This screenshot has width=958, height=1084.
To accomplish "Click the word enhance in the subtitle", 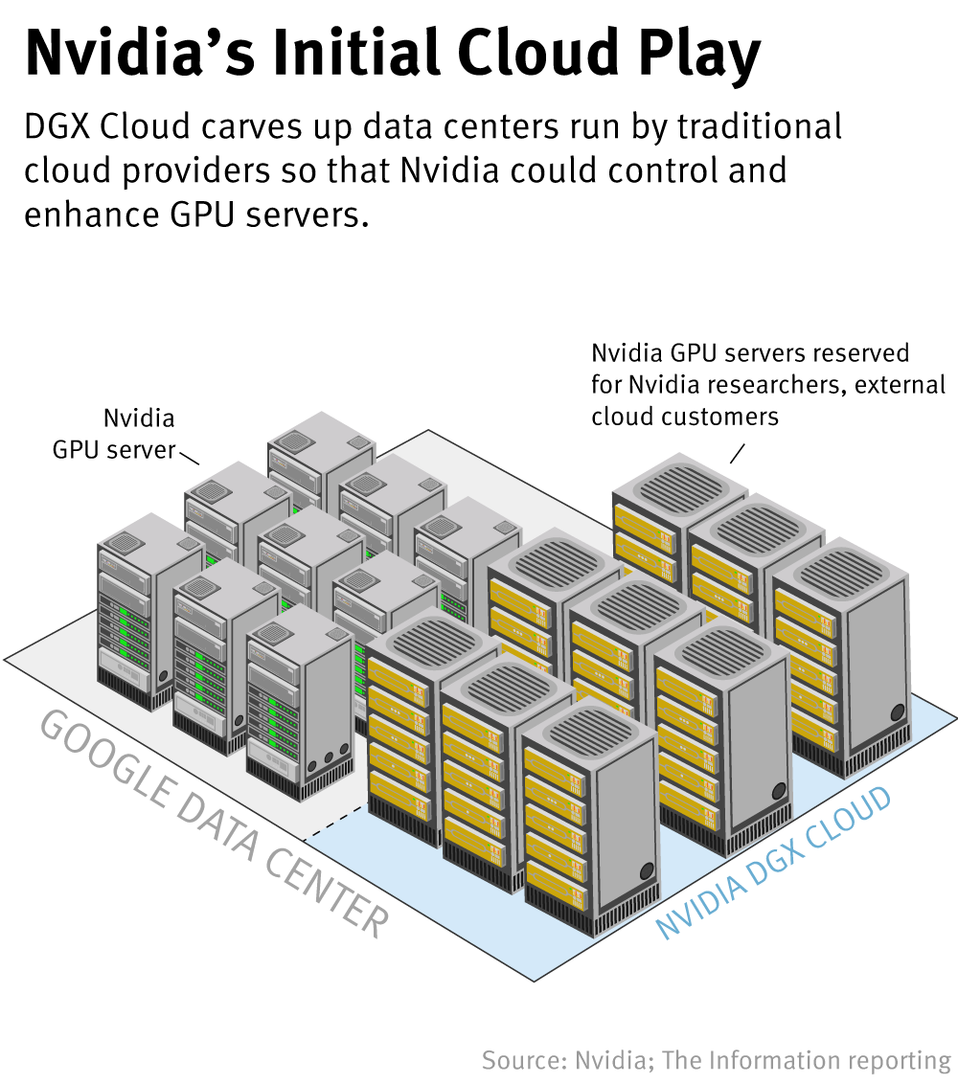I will pyautogui.click(x=91, y=214).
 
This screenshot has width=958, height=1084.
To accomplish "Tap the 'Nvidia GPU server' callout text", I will pyautogui.click(x=115, y=434).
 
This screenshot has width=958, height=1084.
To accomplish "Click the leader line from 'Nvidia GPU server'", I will pyautogui.click(x=189, y=457).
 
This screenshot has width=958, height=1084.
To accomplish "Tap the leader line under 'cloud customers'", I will pyautogui.click(x=738, y=451).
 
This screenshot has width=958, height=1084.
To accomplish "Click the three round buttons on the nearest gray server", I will pyautogui.click(x=328, y=757).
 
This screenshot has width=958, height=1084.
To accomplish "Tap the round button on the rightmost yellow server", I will pyautogui.click(x=897, y=712).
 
